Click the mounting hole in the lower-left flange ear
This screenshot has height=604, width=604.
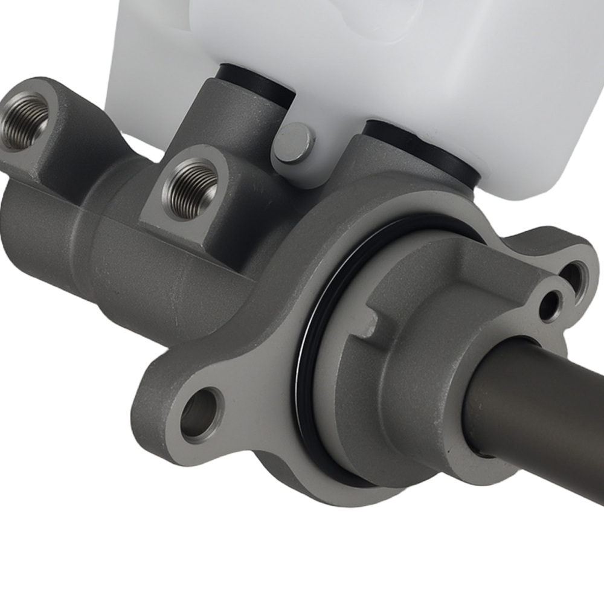point(199,413)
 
